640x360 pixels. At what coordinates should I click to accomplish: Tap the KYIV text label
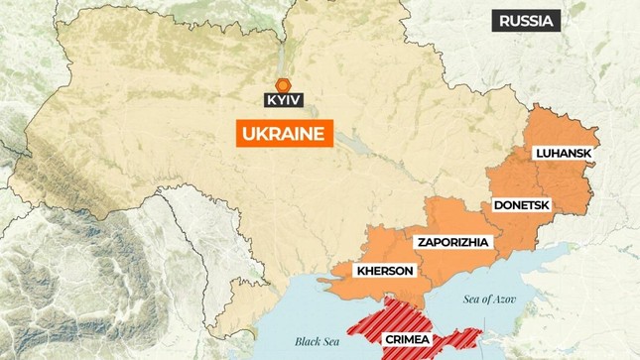[x=283, y=100]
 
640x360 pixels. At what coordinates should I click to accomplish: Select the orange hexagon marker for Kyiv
[x=283, y=83]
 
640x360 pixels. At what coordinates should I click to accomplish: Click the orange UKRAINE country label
[x=283, y=134]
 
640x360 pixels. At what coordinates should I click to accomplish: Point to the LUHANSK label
[x=565, y=154]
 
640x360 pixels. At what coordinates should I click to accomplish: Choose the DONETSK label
[x=521, y=205]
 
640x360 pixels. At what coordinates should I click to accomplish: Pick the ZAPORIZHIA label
[x=452, y=242]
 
